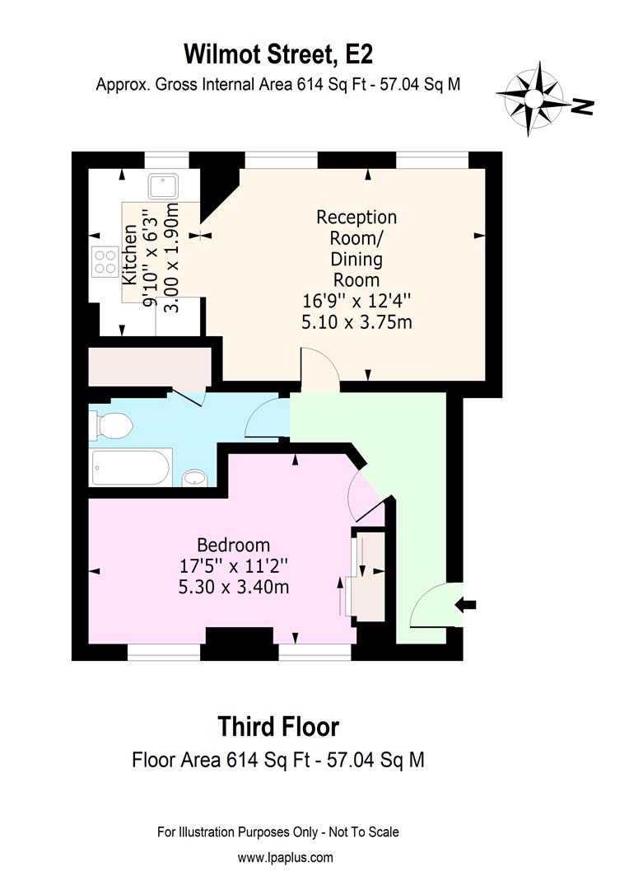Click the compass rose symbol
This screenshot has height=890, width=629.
[x=533, y=98]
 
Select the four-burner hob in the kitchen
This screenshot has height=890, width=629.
[x=105, y=261]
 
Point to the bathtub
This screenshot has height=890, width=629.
[x=131, y=467]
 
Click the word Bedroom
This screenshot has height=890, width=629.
[x=233, y=545]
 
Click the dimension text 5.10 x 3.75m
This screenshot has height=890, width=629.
[x=356, y=322]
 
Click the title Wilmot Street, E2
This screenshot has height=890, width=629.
[x=277, y=55]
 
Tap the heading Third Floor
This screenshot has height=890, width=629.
[x=277, y=727]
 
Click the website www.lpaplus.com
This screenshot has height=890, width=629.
[x=286, y=858]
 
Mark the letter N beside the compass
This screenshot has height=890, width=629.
[x=583, y=105]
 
